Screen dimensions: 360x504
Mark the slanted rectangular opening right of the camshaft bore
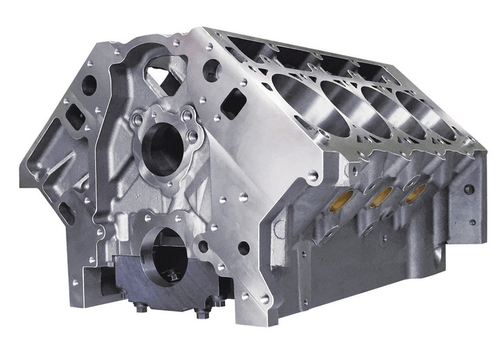click(235, 104)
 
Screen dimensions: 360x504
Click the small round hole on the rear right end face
click(469, 188)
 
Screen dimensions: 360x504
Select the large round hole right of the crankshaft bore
click(244, 247)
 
